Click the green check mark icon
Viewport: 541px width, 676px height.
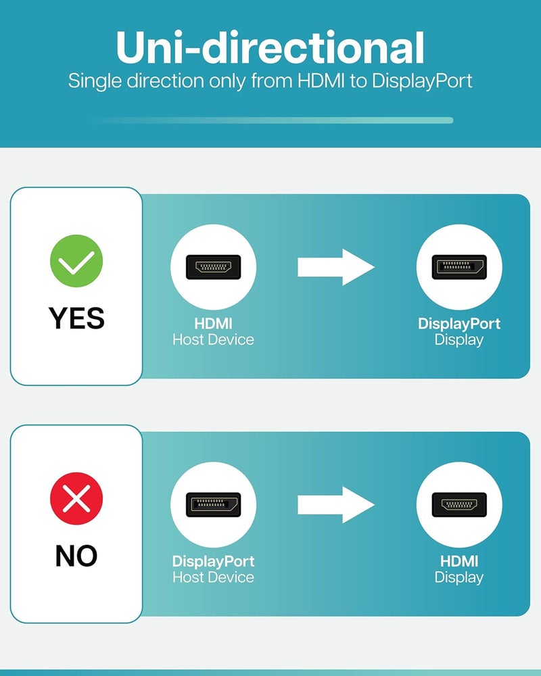[x=76, y=261]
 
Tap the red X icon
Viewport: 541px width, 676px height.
[x=76, y=498]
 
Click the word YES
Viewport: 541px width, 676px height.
[x=76, y=318]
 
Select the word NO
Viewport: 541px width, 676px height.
[x=76, y=556]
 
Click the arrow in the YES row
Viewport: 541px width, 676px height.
[x=335, y=267]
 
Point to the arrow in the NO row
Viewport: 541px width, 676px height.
[x=335, y=504]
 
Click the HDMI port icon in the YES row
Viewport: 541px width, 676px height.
[x=213, y=267]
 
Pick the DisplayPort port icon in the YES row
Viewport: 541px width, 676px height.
[x=459, y=267]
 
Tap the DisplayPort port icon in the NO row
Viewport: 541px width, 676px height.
[x=213, y=504]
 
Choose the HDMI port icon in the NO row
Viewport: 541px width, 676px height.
[x=459, y=504]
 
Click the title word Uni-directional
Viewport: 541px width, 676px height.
[x=270, y=47]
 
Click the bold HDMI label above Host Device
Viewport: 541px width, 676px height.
[x=213, y=323]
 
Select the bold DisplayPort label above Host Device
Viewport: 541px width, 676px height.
[x=213, y=561]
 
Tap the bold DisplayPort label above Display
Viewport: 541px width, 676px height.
[x=459, y=324]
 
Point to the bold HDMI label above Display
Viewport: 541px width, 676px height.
[x=459, y=561]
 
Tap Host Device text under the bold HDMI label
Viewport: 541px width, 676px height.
[x=213, y=340]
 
